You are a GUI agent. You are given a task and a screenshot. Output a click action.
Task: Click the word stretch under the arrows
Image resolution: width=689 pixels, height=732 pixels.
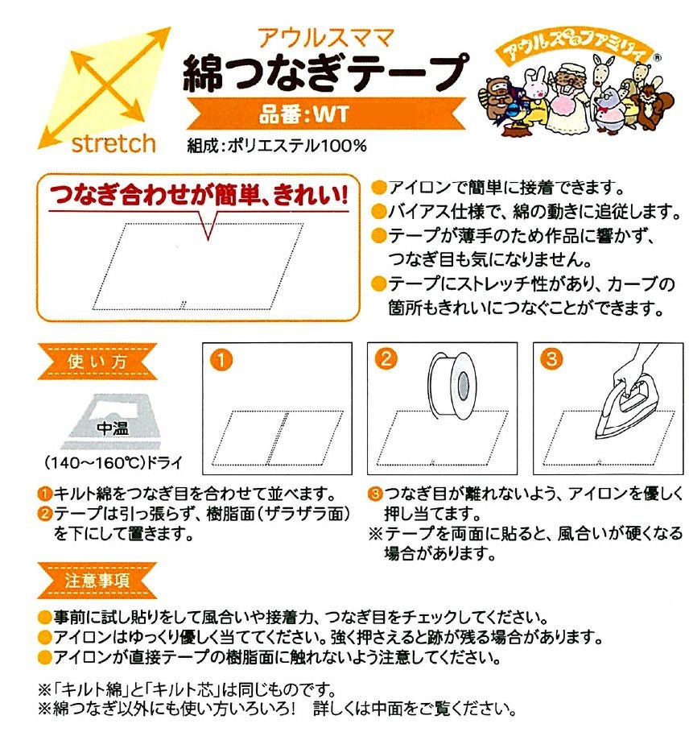(x=113, y=143)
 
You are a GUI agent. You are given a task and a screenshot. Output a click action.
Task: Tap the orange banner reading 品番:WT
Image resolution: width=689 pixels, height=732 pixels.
(x=326, y=114)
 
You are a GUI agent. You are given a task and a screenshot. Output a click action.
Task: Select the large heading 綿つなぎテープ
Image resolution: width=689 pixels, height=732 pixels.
(x=326, y=72)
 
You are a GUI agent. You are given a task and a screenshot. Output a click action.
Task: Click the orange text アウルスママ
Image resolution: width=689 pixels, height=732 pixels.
(x=326, y=38)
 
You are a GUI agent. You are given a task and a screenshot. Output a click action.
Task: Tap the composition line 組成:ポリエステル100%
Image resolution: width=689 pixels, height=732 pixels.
(x=277, y=146)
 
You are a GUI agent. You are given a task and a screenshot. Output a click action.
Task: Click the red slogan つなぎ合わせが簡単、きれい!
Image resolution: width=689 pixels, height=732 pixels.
(x=199, y=195)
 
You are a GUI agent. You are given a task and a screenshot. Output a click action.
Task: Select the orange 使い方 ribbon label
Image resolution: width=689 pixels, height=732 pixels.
(x=97, y=362)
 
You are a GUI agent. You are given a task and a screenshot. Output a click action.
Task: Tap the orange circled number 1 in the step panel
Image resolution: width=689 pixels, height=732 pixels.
(x=221, y=360)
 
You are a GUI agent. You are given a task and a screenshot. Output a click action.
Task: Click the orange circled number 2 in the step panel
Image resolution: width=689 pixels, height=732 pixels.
(x=386, y=359)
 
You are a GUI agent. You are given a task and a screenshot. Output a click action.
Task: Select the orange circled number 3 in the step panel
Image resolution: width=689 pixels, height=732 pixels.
(x=552, y=358)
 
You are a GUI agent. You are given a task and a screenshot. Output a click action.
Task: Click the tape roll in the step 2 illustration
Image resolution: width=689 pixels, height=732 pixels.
(x=450, y=383)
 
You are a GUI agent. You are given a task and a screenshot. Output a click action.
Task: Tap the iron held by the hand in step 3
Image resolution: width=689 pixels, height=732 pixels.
(x=627, y=411)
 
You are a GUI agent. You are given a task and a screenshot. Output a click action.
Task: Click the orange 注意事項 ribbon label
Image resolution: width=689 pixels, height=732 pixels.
(x=97, y=581)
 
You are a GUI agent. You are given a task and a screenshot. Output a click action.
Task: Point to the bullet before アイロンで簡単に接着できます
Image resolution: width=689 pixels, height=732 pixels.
(x=379, y=188)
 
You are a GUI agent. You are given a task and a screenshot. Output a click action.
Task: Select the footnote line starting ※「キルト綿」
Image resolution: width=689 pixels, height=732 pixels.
(x=187, y=689)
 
